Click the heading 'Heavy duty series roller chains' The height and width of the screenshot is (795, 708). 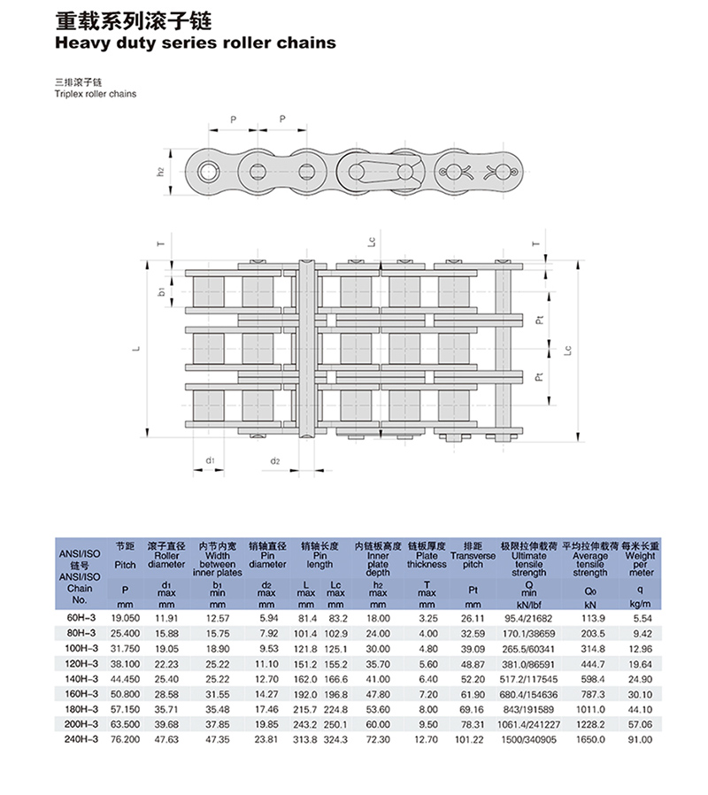195,42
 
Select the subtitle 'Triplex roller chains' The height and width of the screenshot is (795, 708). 96,94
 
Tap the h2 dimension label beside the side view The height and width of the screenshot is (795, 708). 161,172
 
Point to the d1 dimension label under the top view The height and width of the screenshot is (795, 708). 210,460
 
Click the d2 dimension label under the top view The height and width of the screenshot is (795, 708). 274,461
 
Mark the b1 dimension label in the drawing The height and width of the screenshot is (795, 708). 161,291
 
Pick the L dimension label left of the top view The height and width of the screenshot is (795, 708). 135,349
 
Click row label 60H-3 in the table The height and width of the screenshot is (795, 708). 81,618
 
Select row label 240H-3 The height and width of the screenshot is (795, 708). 81,739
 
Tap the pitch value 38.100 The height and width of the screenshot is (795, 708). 125,664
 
